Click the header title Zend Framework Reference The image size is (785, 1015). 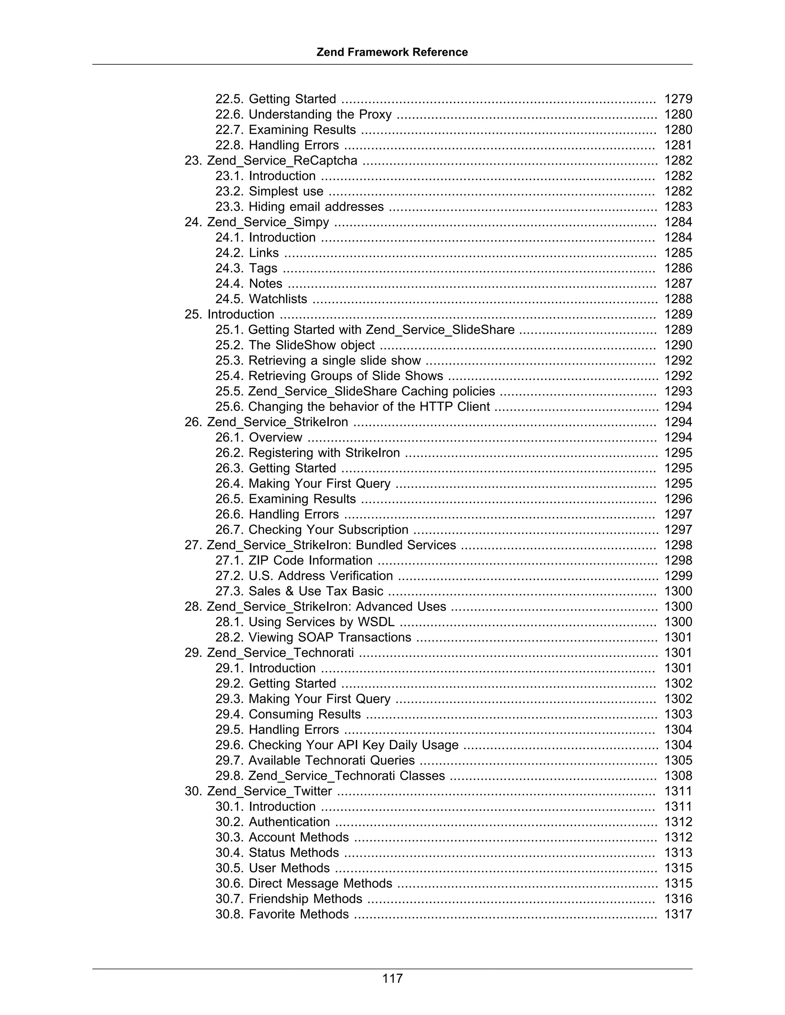point(392,52)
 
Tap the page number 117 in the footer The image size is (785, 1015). point(392,978)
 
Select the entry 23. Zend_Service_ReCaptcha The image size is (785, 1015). point(271,160)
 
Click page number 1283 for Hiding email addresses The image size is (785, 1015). point(678,206)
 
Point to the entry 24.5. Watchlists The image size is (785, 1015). point(261,299)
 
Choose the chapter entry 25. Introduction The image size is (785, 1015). point(229,314)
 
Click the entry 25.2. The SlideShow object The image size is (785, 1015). point(295,345)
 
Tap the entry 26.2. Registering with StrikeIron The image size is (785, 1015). point(307,453)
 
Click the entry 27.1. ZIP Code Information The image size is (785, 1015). point(294,560)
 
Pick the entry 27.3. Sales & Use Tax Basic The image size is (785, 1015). point(299,591)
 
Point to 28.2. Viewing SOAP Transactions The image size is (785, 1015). point(313,637)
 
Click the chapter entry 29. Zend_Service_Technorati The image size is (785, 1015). point(269,653)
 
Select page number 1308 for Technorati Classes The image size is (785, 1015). point(678,776)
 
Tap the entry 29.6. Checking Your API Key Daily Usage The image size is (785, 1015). point(337,745)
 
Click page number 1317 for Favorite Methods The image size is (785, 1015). point(678,914)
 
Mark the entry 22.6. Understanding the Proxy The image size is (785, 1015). point(303,114)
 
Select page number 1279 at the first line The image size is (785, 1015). point(678,99)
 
